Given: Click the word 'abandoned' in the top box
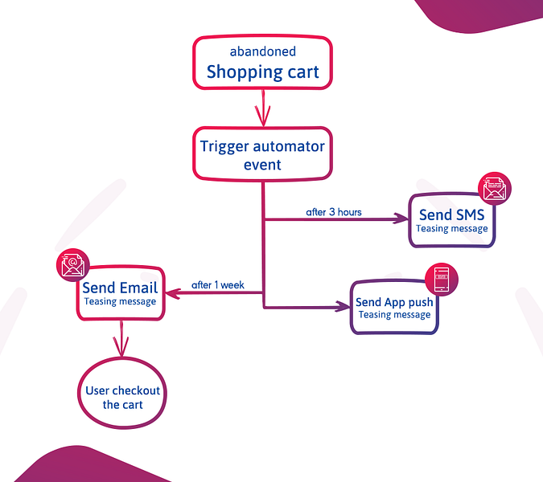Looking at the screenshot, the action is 263,51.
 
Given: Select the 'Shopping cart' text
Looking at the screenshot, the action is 263,72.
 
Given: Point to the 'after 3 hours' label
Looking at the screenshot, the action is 334,212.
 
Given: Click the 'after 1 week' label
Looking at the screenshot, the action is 218,285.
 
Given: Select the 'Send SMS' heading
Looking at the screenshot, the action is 452,214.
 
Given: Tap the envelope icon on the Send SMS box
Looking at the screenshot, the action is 495,189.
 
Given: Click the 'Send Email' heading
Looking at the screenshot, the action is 120,288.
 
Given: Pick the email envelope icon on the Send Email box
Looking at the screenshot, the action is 72,265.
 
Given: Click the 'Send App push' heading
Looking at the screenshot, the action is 394,302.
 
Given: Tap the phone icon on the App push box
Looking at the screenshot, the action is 442,280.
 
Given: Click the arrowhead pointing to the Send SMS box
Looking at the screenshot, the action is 401,219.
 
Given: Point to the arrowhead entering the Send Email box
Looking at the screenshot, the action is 173,293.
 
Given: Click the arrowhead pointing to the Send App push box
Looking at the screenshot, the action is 343,306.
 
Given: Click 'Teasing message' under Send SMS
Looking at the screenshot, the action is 452,229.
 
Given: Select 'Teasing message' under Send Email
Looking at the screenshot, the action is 120,301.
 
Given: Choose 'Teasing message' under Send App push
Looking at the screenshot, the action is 394,315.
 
